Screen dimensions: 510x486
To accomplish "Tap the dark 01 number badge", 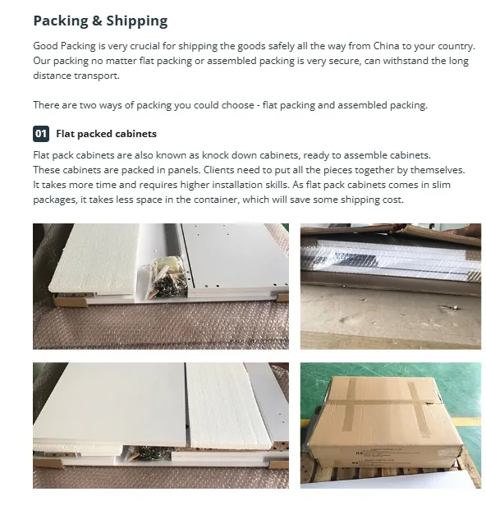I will pyautogui.click(x=41, y=133).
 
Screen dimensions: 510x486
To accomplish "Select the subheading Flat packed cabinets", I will pyautogui.click(x=106, y=133).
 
